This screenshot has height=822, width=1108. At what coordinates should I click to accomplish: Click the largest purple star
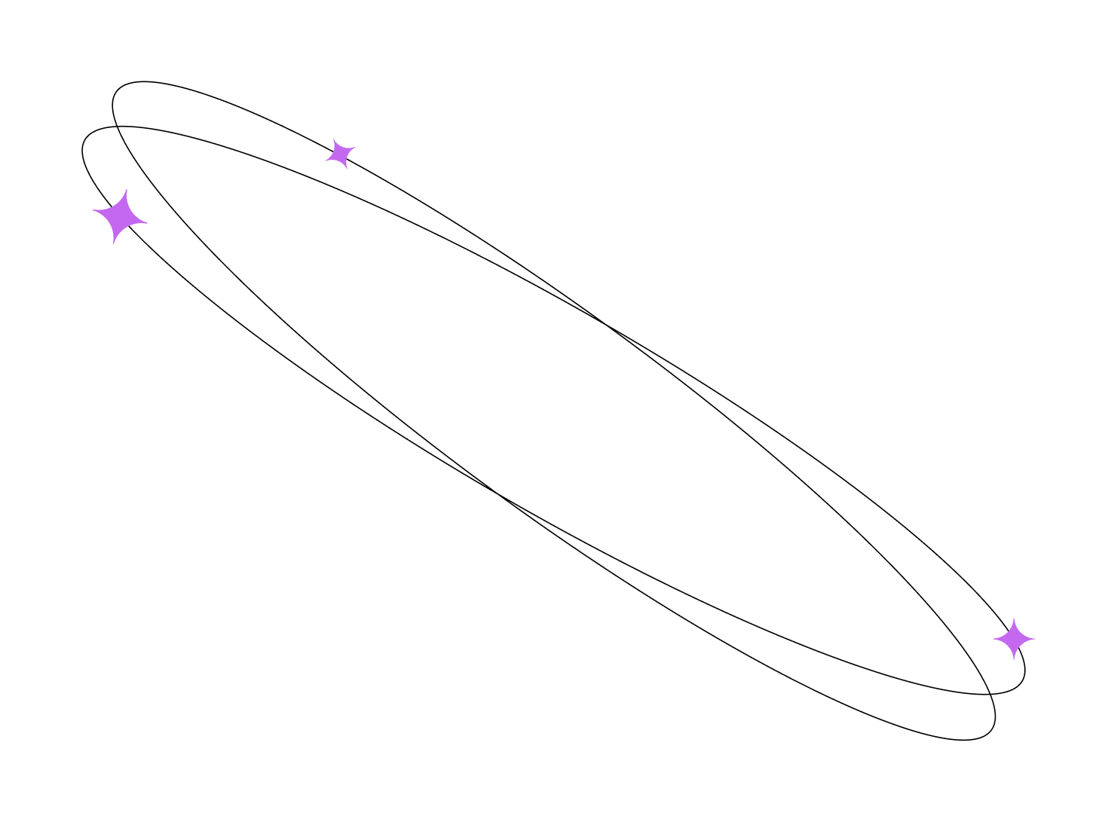120,217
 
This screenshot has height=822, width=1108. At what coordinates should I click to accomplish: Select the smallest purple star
340,154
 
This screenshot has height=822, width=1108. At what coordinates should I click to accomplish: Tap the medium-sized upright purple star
1014,639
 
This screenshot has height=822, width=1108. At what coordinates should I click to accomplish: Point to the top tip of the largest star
127,191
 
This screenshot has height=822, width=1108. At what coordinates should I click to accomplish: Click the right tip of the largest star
147,222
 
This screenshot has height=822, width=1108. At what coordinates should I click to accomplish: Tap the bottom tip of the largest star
114,243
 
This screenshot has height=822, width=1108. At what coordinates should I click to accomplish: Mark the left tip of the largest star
93,212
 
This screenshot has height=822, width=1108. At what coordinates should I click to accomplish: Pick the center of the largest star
120,217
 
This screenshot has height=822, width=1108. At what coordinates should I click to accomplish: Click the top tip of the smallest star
334,139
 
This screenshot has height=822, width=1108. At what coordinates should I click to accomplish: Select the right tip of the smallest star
355,148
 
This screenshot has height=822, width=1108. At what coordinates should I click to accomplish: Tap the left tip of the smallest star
326,159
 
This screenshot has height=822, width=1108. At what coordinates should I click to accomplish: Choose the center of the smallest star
340,154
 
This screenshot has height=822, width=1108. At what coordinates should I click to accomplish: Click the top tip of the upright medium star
1014,619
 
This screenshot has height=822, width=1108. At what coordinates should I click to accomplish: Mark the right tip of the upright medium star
1035,639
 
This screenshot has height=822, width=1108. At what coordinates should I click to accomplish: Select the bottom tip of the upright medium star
1014,660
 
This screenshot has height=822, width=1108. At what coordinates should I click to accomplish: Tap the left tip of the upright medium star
993,639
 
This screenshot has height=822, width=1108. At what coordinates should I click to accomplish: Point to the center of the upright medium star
1014,639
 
